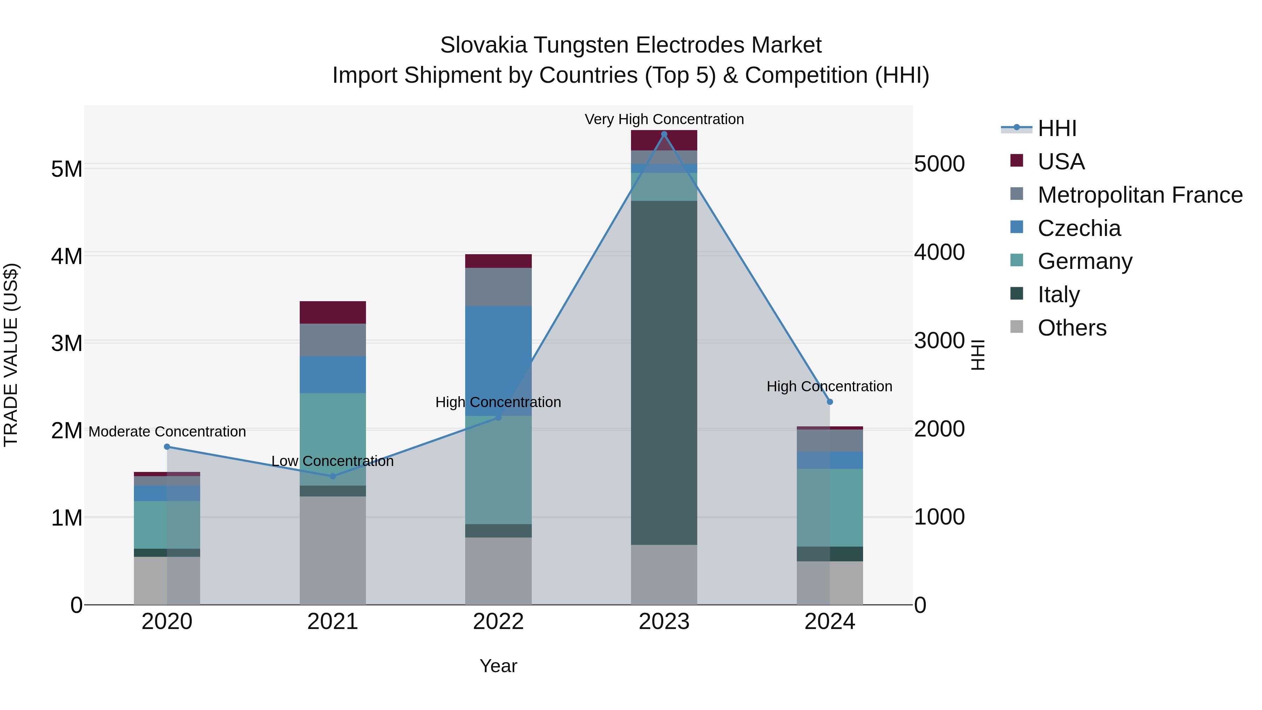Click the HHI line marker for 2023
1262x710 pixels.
pyautogui.click(x=664, y=134)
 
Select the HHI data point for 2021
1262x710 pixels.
pyautogui.click(x=333, y=476)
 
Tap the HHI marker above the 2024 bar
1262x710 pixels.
pyautogui.click(x=830, y=402)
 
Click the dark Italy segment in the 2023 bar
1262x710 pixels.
pyautogui.click(x=664, y=372)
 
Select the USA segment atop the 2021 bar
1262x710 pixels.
pyautogui.click(x=333, y=312)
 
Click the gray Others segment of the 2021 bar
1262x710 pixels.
pyautogui.click(x=333, y=550)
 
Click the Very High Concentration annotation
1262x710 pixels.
pyautogui.click(x=664, y=119)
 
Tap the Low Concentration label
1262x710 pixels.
pyautogui.click(x=333, y=461)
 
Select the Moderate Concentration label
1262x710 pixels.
pyautogui.click(x=167, y=432)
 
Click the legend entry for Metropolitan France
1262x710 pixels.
pyautogui.click(x=1140, y=195)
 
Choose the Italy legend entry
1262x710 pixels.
pyautogui.click(x=1058, y=295)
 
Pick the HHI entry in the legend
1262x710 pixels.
pyautogui.click(x=1057, y=128)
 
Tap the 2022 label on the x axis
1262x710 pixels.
pyautogui.click(x=498, y=622)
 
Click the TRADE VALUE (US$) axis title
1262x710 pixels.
pyautogui.click(x=11, y=355)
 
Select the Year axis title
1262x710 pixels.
pyautogui.click(x=498, y=666)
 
